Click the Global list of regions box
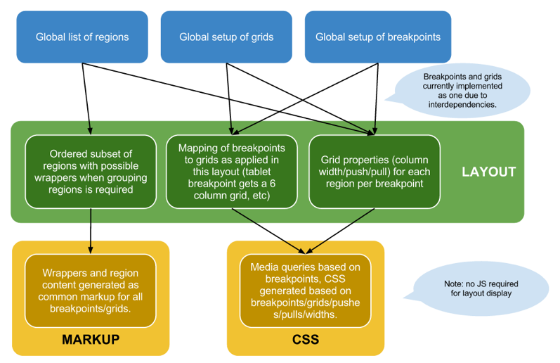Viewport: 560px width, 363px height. tap(82, 37)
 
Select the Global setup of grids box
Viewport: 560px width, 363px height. tap(226, 37)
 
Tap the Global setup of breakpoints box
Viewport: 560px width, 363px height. tap(378, 37)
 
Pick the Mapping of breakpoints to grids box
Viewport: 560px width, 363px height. tap(231, 171)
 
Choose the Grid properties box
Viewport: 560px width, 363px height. tap(375, 171)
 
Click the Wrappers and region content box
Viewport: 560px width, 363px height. tap(90, 291)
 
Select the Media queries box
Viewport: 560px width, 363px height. tap(305, 291)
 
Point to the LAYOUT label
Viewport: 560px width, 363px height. tap(489, 172)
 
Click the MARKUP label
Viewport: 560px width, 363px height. tap(91, 340)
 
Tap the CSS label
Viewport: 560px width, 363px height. tap(305, 340)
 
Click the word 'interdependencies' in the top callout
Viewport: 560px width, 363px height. tap(460, 104)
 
